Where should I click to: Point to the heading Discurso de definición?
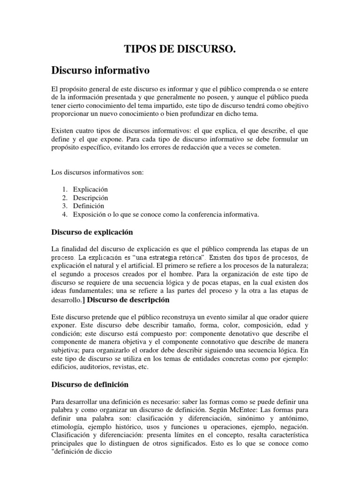coord(90,384)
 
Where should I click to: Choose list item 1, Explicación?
coord(90,189)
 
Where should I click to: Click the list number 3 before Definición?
coord(65,206)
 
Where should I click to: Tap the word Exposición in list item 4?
coord(90,214)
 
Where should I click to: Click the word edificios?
coord(66,367)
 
